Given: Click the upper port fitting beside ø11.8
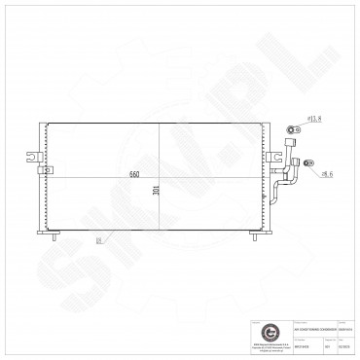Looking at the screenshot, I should click(x=291, y=127).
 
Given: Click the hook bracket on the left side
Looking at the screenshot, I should click(x=34, y=155).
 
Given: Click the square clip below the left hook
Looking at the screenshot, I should click(x=42, y=171).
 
